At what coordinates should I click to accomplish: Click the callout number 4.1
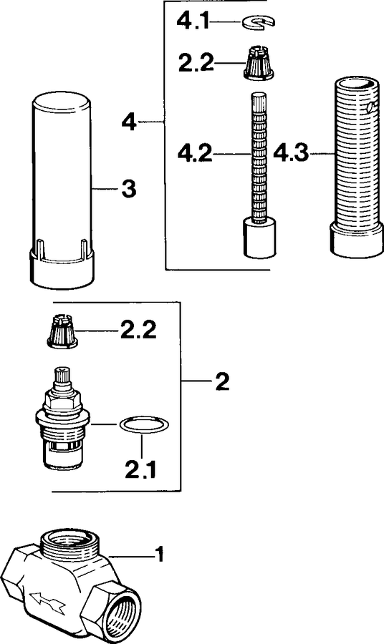click(193, 21)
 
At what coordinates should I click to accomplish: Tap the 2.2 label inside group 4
click(196, 63)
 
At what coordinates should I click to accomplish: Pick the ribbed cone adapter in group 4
click(257, 62)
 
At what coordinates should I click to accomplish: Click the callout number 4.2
click(195, 154)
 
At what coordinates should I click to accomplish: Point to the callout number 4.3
click(290, 153)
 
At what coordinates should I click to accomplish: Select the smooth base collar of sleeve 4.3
click(355, 240)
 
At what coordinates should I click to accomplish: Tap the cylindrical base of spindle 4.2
click(259, 238)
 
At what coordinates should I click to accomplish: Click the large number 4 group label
click(130, 122)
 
